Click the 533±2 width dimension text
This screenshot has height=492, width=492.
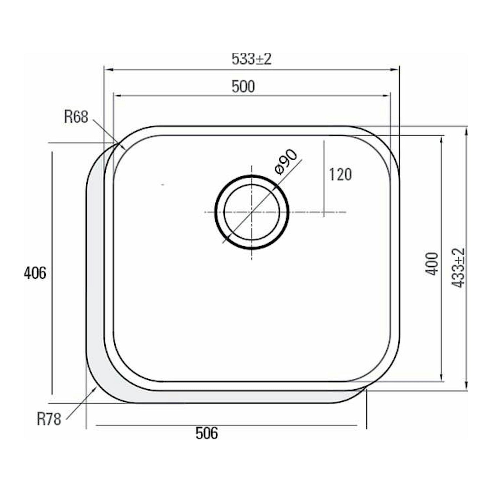coord(251,59)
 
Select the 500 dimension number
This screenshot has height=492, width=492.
coord(243,86)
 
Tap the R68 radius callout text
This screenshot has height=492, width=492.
coord(76,117)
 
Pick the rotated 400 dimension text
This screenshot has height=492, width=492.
coord(432,264)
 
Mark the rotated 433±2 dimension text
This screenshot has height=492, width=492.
coord(458,268)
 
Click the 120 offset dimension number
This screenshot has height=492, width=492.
coord(341,174)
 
